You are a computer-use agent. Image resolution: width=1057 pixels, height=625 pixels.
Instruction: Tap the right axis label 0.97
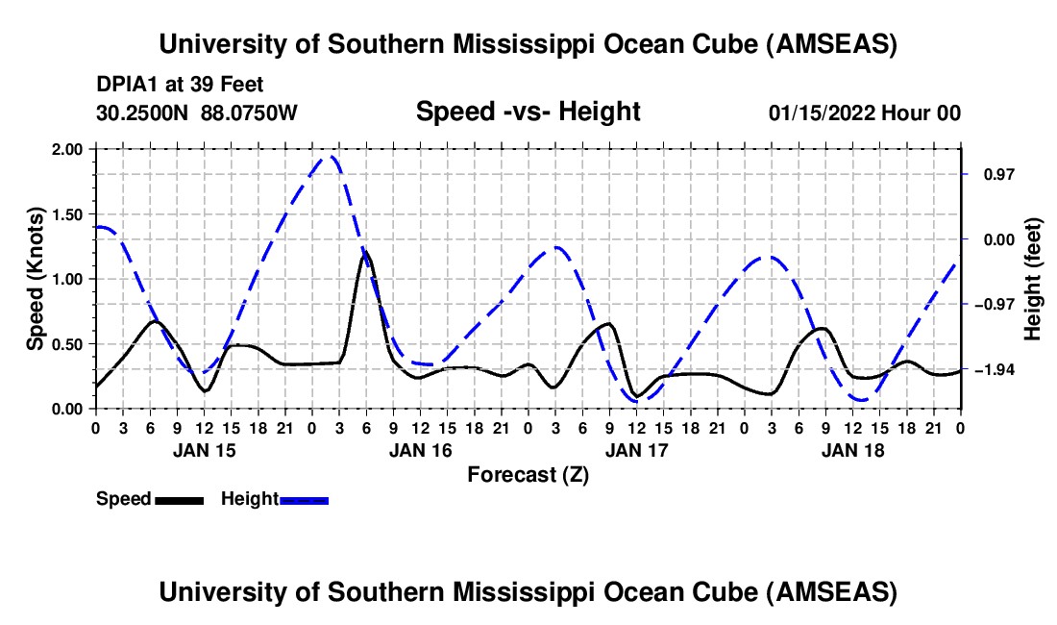pyautogui.click(x=991, y=175)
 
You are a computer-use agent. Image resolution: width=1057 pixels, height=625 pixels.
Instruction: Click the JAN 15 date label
pyautogui.click(x=204, y=449)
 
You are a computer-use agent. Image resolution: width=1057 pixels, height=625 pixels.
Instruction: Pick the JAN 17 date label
pyautogui.click(x=636, y=449)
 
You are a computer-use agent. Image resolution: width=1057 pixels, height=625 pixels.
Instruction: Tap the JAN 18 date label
pyautogui.click(x=852, y=449)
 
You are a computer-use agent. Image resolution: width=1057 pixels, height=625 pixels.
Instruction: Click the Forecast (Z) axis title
pyautogui.click(x=528, y=474)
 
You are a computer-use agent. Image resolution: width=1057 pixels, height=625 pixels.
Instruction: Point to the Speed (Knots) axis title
pyautogui.click(x=36, y=279)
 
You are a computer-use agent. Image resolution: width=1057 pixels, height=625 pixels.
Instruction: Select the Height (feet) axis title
pyautogui.click(x=1034, y=279)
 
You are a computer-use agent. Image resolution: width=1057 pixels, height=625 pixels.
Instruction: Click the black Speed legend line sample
pyautogui.click(x=179, y=499)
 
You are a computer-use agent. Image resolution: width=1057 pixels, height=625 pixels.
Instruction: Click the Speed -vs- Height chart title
pyautogui.click(x=528, y=112)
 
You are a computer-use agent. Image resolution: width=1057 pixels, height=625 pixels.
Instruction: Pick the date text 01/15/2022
pyautogui.click(x=819, y=113)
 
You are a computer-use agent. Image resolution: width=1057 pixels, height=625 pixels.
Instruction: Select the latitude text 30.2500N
pyautogui.click(x=144, y=113)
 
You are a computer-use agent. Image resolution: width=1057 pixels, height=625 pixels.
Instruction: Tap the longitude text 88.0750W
pyautogui.click(x=250, y=113)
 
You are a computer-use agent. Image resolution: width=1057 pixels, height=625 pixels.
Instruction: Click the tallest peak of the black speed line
pyautogui.click(x=365, y=255)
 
